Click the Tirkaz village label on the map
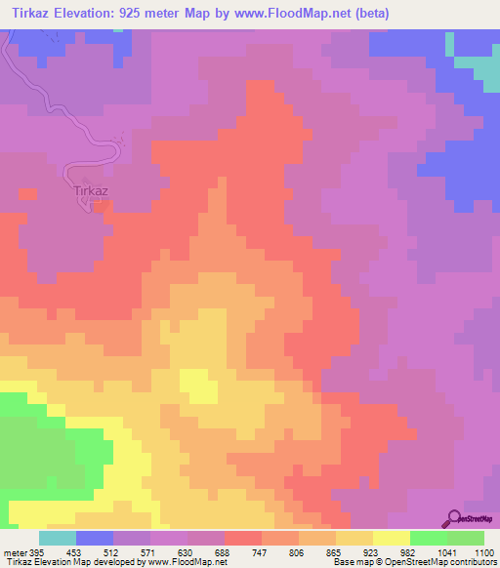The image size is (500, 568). click(90, 191)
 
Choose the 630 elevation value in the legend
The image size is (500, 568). click(187, 551)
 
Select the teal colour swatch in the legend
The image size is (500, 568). click(58, 538)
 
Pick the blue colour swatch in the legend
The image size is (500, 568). click(95, 538)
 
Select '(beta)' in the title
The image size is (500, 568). click(381, 14)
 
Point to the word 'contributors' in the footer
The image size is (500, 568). click(470, 562)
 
